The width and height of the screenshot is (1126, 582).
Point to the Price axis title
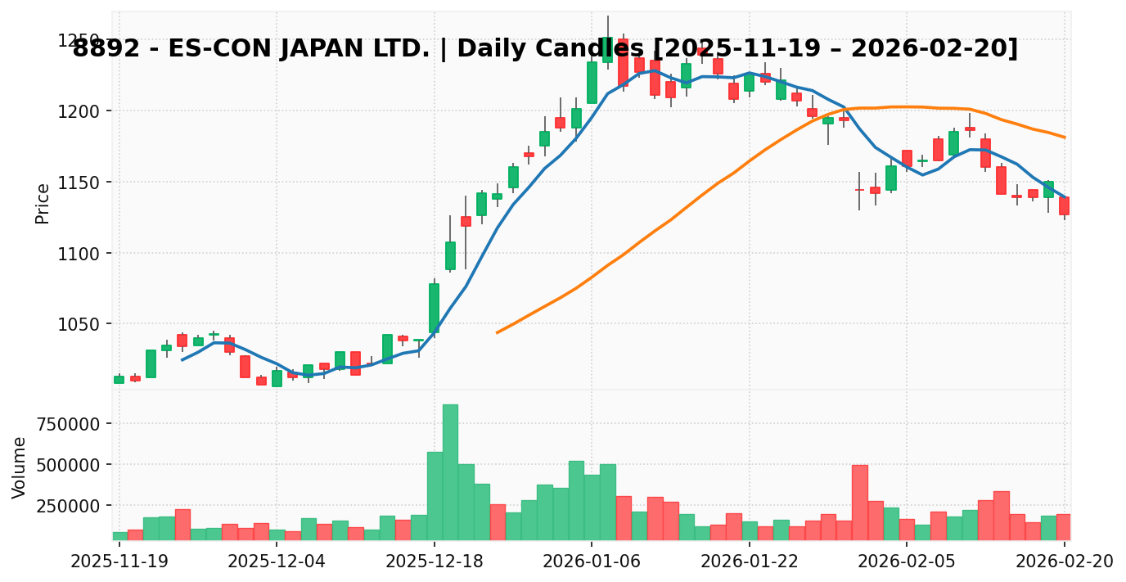pyautogui.click(x=43, y=203)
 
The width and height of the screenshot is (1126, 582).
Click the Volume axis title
pyautogui.click(x=20, y=467)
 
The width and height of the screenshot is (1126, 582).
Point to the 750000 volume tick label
pyautogui.click(x=71, y=424)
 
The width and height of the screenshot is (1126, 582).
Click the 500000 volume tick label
pyautogui.click(x=71, y=465)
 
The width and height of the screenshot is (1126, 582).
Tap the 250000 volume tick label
pyautogui.click(x=71, y=506)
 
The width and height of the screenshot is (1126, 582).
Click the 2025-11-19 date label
pyautogui.click(x=119, y=562)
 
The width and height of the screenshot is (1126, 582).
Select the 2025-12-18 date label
pyautogui.click(x=434, y=562)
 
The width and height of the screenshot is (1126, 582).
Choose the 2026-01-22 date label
pyautogui.click(x=750, y=562)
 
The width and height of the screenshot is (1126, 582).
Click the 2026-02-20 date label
pyautogui.click(x=1065, y=562)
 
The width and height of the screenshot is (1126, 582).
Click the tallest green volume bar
pyautogui.click(x=450, y=472)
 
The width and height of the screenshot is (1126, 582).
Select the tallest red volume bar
pyautogui.click(x=859, y=503)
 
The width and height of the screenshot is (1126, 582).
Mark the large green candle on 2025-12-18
pyautogui.click(x=434, y=308)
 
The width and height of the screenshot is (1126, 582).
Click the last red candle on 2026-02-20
pyautogui.click(x=1064, y=205)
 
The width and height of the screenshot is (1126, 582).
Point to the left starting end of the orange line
pyautogui.click(x=497, y=332)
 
